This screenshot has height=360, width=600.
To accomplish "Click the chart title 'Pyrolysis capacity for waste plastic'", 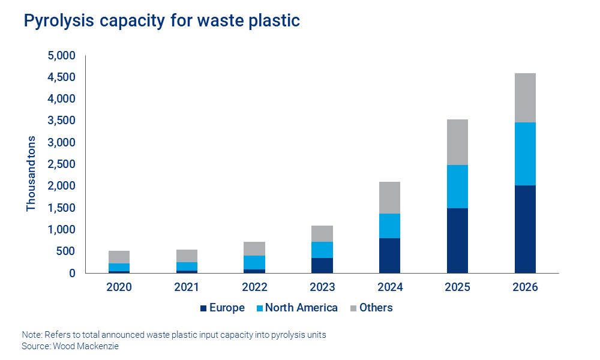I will pos(161,21).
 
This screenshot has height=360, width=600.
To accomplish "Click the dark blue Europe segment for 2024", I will pos(389,256).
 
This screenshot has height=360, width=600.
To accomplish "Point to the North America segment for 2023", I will pos(322,250).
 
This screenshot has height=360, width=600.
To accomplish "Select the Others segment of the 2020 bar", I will pos(119,257).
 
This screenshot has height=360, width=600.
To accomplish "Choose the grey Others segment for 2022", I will pos(254,248).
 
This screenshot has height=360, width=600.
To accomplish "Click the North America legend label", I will pos(301,308).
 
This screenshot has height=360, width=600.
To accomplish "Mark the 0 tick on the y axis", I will pos(71,274).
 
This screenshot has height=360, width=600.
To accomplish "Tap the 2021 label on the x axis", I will pos(187,287).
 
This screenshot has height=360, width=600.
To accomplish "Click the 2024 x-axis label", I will pos(389,287).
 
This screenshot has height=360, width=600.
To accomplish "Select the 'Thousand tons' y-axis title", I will pos(31,174).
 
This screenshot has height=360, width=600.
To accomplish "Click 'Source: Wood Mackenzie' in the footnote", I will pos(70,346).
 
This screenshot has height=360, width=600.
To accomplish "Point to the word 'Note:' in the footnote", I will pos(32,335).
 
